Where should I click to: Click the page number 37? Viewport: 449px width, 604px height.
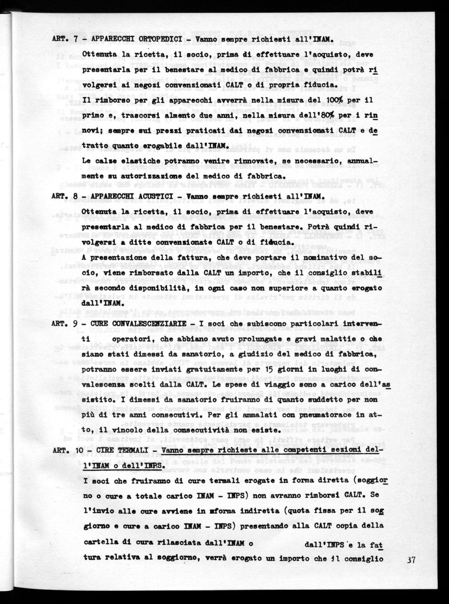(x=412, y=559)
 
